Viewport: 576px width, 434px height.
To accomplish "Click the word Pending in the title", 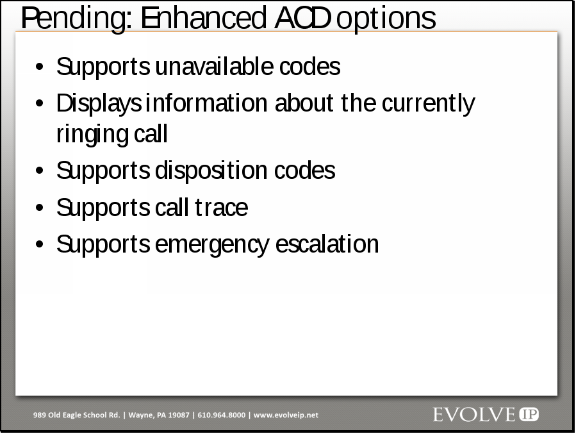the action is pos(76,19).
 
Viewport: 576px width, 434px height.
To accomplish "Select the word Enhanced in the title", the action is pos(203,18).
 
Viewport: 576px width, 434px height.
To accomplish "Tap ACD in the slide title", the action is pos(302,18).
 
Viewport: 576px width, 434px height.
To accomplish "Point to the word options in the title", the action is pos(386,19).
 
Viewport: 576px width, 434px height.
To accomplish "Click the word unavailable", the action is pos(214,66).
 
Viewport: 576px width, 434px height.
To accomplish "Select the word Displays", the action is pos(99,104).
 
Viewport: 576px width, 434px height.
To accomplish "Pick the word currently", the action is pos(429,104).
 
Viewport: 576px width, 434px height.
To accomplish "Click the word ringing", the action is pos(92,135).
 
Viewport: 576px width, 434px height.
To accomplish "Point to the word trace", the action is pos(221,208).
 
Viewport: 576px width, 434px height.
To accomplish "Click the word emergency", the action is pos(212,245).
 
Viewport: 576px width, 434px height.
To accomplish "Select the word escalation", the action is pos(327,244).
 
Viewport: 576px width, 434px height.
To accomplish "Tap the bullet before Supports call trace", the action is pos(40,208).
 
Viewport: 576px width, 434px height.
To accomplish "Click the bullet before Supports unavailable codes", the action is pos(40,67).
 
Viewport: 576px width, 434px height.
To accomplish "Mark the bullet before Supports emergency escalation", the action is pos(40,244).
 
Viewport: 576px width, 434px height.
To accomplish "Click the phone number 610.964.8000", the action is pos(222,415).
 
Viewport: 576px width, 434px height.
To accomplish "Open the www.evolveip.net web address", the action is pos(286,415).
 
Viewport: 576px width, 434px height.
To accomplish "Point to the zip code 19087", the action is pos(179,415).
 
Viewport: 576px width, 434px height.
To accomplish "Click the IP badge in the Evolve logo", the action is pos(529,415).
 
